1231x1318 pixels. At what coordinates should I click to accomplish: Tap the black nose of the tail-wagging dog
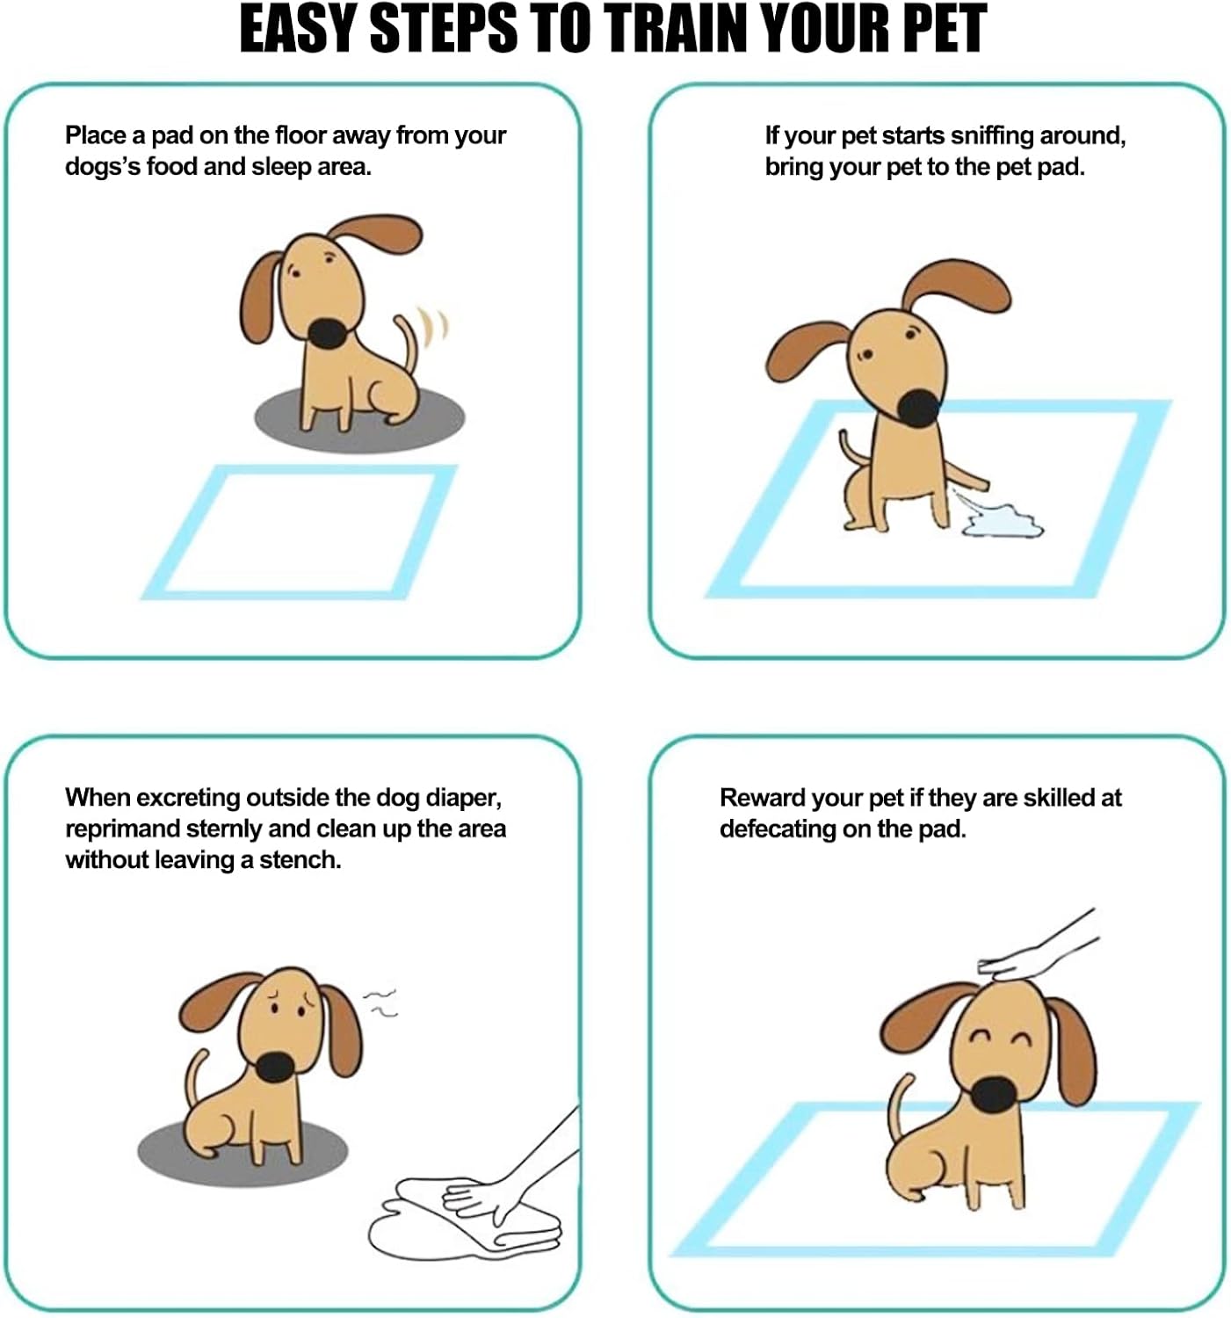pos(329,334)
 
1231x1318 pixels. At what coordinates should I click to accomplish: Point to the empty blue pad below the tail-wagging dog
pos(299,532)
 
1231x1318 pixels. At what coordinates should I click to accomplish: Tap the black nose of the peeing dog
pos(919,407)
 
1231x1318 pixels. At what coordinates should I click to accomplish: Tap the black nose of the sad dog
pos(275,1066)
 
